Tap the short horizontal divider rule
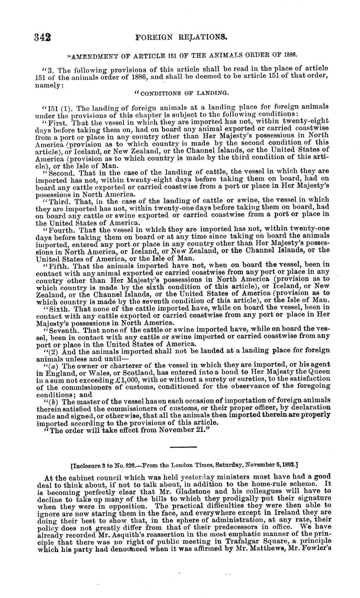pyautogui.click(x=183, y=447)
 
